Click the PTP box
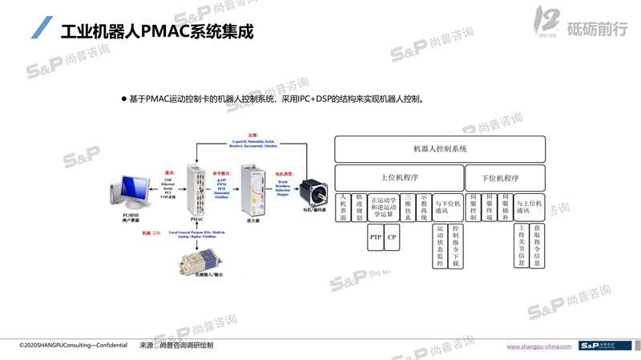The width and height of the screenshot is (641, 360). [x=376, y=237]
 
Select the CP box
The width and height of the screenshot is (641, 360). [x=392, y=237]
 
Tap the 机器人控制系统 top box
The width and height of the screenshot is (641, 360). [x=440, y=149]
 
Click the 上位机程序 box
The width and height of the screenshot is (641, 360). [x=398, y=178]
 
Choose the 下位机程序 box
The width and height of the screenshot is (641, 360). [x=505, y=178]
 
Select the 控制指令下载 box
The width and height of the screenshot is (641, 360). [x=456, y=245]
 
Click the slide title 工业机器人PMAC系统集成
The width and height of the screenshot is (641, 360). [x=157, y=34]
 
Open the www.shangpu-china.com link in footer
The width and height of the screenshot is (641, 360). [x=539, y=346]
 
